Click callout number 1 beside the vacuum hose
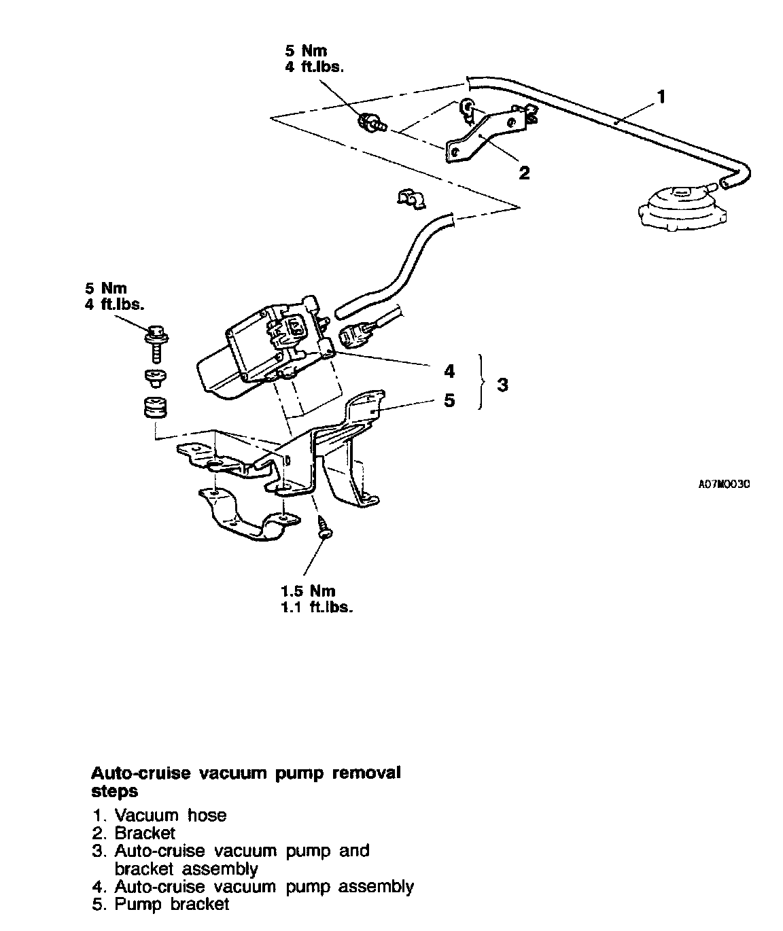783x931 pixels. [x=660, y=98]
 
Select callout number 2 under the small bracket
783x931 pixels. [x=523, y=173]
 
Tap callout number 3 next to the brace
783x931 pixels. [x=502, y=385]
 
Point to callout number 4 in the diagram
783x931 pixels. [x=449, y=371]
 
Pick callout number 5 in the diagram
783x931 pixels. [x=449, y=400]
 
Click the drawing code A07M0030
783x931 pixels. [x=724, y=485]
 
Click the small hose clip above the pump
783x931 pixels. [x=410, y=198]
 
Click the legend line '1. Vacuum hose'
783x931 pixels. [x=160, y=815]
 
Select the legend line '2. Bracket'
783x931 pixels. [x=134, y=832]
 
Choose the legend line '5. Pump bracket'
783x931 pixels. [x=160, y=904]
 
